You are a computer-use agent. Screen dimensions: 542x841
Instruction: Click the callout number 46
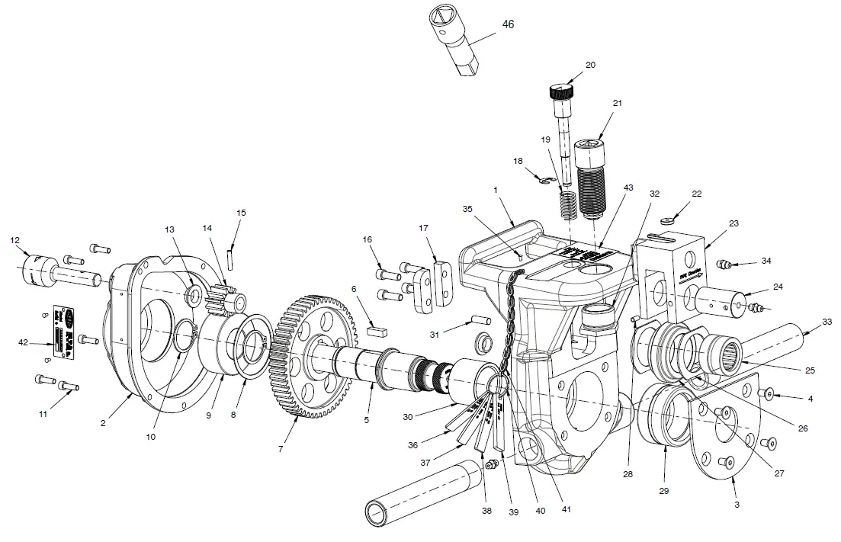(x=509, y=24)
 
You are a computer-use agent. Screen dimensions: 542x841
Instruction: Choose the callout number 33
(x=827, y=322)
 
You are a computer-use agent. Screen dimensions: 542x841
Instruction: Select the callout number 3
(x=737, y=505)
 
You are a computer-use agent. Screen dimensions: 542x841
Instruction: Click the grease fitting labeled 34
(x=727, y=265)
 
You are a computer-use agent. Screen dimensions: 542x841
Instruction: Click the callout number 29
(x=664, y=491)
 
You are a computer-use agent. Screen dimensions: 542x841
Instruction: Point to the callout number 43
(x=628, y=188)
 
